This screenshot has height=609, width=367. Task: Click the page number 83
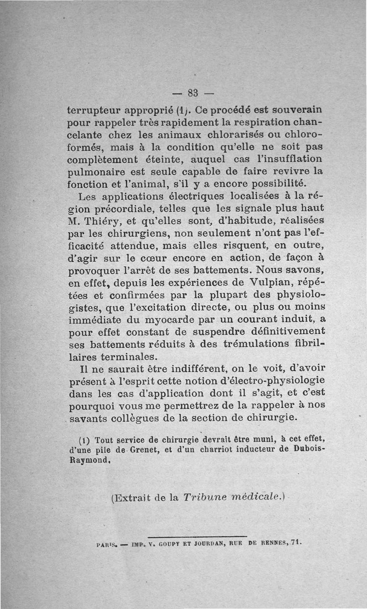193,93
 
